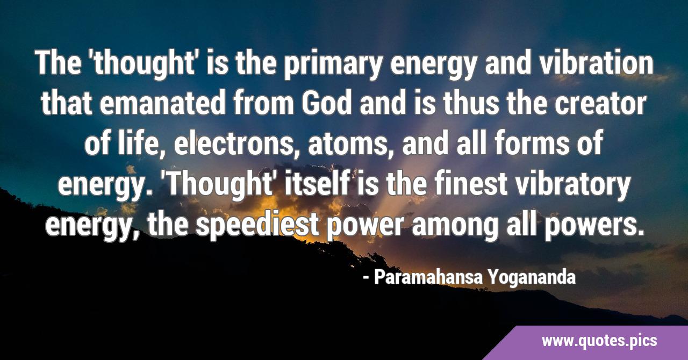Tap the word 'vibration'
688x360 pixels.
click(x=596, y=63)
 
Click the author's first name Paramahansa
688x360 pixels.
click(x=428, y=277)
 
